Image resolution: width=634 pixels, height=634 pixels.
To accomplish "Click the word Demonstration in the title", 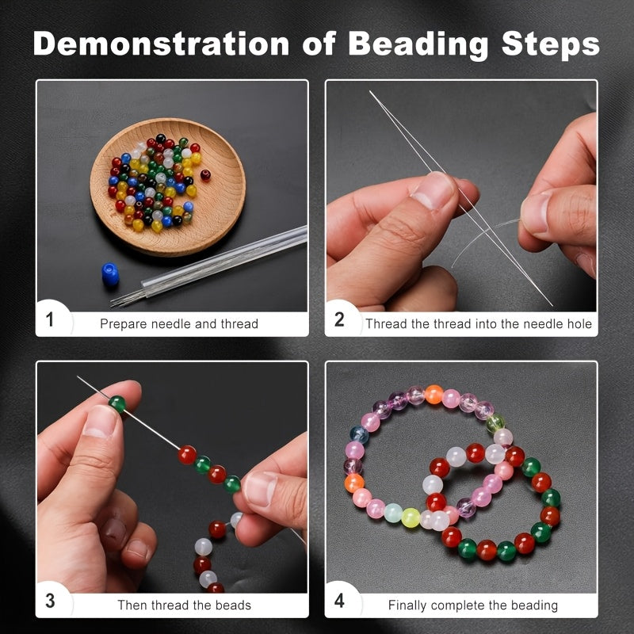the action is click(x=162, y=44).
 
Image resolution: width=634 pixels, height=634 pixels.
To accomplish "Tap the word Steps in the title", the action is click(x=550, y=44).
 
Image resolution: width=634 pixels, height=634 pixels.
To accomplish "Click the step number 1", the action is click(x=50, y=319).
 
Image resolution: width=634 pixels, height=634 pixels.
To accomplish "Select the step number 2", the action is click(x=339, y=319).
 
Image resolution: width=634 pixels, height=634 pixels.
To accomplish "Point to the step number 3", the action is click(x=50, y=601).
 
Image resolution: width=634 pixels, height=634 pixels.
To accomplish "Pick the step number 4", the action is click(x=340, y=601).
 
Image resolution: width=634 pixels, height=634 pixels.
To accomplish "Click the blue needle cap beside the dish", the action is click(x=110, y=274).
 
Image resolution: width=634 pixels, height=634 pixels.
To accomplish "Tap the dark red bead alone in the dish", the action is click(x=205, y=174).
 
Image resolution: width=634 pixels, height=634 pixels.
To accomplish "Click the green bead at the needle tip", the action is click(x=117, y=404).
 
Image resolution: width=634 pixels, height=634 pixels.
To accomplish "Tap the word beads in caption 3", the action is click(x=233, y=605).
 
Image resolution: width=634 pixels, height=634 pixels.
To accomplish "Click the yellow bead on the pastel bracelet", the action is click(x=411, y=518).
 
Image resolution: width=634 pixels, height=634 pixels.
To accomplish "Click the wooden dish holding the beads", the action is click(x=168, y=187).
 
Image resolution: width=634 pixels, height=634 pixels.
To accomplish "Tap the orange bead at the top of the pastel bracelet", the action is click(x=433, y=394).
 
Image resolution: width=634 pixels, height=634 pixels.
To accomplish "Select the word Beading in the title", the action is click(x=418, y=45).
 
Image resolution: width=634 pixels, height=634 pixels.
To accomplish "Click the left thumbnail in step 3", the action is click(x=100, y=422).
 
